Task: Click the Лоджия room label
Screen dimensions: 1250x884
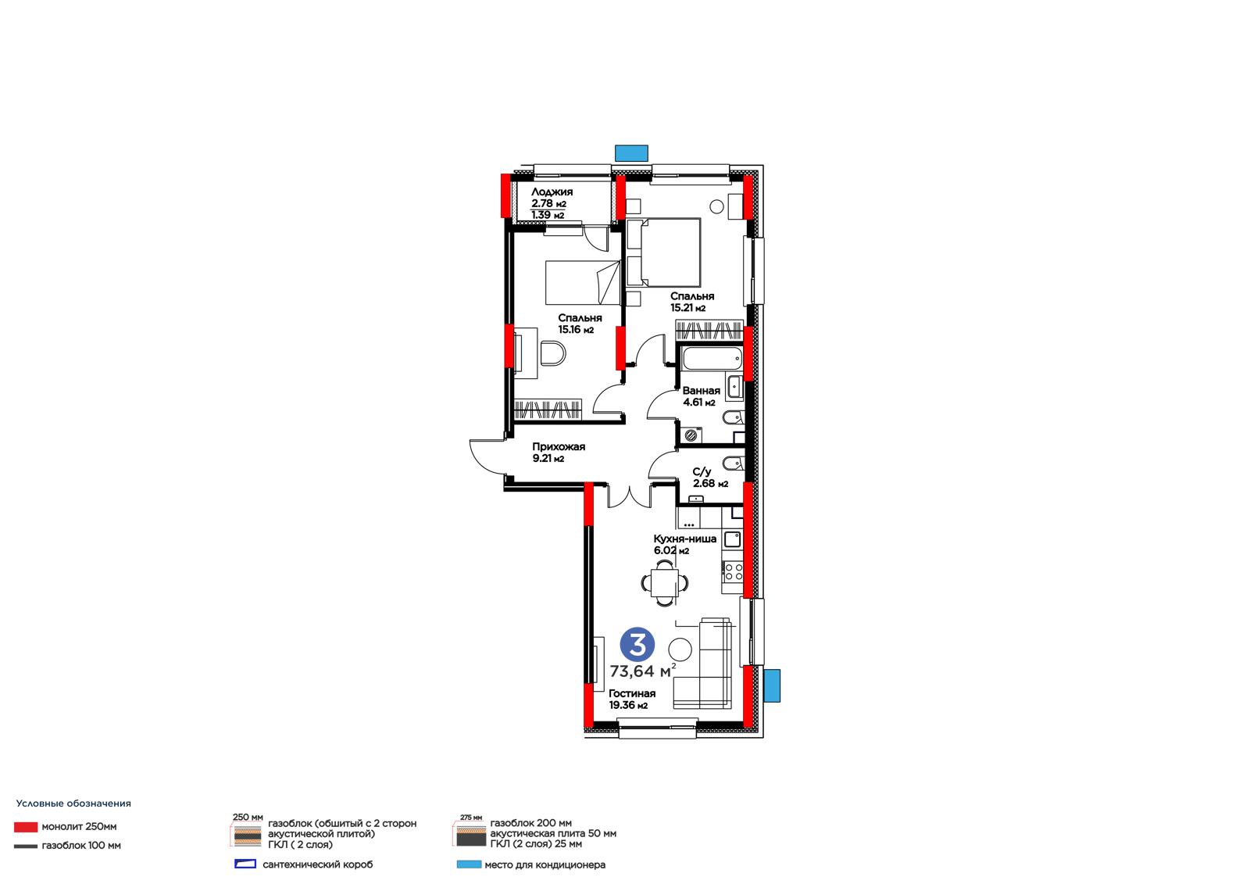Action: (552, 192)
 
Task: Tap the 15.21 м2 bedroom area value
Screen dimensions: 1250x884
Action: (687, 308)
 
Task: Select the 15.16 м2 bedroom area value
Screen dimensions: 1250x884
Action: (576, 330)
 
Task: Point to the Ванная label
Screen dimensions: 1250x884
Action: (701, 391)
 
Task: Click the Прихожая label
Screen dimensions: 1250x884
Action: (559, 447)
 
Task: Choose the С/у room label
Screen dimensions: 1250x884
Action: (702, 472)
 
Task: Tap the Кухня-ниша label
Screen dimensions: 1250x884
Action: (684, 539)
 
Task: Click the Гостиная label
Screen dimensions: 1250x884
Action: (632, 693)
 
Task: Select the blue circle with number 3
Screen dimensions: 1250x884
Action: (637, 645)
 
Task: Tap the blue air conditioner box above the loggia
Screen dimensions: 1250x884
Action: (631, 153)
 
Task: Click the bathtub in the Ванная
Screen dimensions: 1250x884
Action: (712, 359)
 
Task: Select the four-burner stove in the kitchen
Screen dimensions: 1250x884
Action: (734, 571)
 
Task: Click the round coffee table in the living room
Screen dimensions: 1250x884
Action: (680, 650)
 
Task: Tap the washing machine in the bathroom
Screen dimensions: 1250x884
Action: (691, 435)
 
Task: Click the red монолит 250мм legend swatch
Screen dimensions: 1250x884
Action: (26, 827)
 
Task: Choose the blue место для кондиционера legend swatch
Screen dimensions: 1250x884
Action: (469, 864)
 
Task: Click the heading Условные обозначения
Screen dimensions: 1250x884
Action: (73, 803)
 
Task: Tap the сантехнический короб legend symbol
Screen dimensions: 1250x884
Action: (245, 864)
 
